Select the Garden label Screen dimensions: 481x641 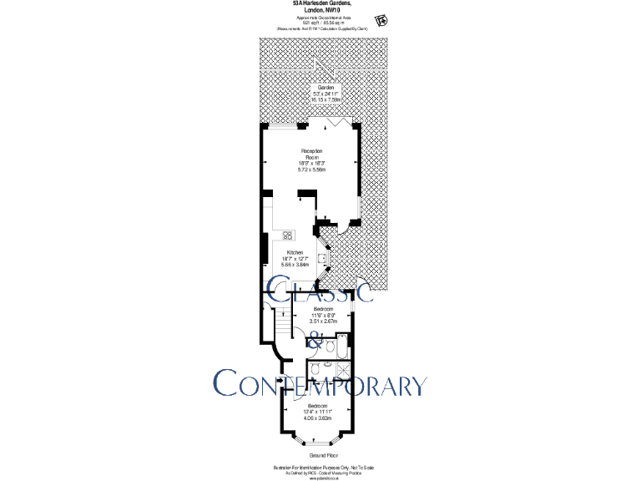pyautogui.click(x=324, y=88)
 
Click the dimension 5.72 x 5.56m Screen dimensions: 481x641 pyautogui.click(x=311, y=170)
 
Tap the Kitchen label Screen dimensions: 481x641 pyautogui.click(x=295, y=252)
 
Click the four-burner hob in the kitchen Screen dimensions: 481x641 pyautogui.click(x=287, y=235)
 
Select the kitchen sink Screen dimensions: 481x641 pyautogui.click(x=321, y=258)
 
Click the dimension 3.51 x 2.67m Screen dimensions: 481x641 pyautogui.click(x=323, y=321)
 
